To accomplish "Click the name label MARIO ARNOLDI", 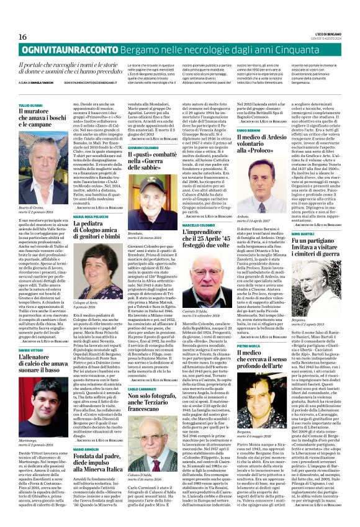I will click(85, 449).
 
